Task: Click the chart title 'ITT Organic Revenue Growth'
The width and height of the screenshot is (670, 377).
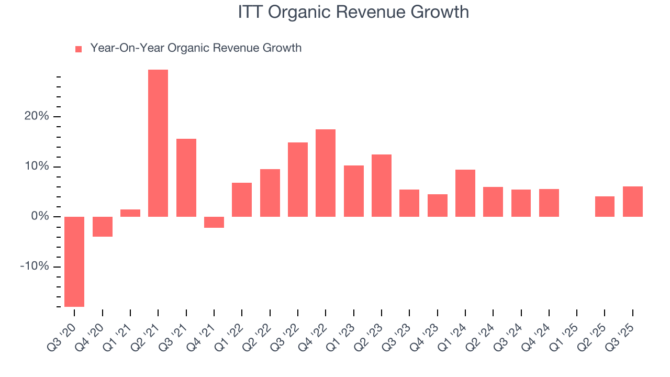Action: pyautogui.click(x=353, y=12)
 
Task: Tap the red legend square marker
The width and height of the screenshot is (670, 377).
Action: pyautogui.click(x=79, y=49)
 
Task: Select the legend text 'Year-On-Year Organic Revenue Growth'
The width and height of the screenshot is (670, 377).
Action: pyautogui.click(x=196, y=48)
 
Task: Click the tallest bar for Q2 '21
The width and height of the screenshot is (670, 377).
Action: pyautogui.click(x=158, y=143)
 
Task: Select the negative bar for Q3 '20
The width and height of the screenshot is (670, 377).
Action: pyautogui.click(x=74, y=261)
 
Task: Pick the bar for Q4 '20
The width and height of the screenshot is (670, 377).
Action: pyautogui.click(x=103, y=227)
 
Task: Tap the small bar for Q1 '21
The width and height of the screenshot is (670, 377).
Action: pyautogui.click(x=130, y=213)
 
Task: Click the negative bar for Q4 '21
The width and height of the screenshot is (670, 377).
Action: pyautogui.click(x=214, y=222)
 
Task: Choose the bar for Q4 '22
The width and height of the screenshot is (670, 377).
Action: pyautogui.click(x=326, y=173)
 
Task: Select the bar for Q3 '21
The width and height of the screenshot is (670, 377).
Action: pyautogui.click(x=186, y=178)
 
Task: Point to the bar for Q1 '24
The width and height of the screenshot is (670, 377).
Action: pyautogui.click(x=465, y=193)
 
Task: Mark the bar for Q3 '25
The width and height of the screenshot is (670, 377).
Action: pyautogui.click(x=632, y=202)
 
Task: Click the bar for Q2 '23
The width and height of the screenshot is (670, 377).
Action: pyautogui.click(x=382, y=185)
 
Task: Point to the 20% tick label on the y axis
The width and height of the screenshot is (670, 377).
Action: pyautogui.click(x=37, y=116)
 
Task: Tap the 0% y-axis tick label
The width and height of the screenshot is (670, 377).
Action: pyautogui.click(x=40, y=216)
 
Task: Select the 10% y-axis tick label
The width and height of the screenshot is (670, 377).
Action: pyautogui.click(x=37, y=167)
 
